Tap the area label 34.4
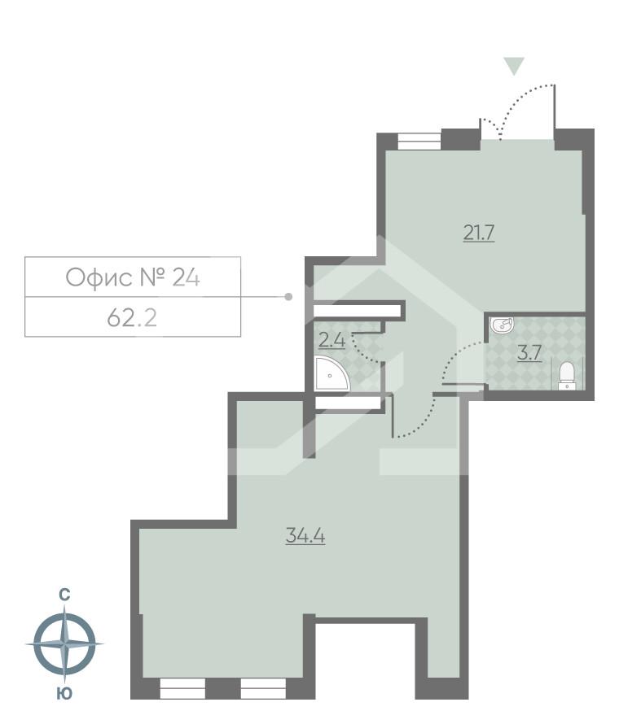click(x=305, y=536)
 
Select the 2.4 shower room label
click(x=331, y=341)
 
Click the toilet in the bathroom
click(x=567, y=375)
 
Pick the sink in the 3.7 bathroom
click(x=502, y=326)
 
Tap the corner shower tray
click(x=331, y=375)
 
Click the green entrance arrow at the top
click(x=513, y=66)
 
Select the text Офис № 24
click(x=133, y=277)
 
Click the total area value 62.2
click(x=132, y=317)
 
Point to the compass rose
click(x=64, y=643)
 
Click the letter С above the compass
click(x=64, y=595)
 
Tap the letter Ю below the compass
click(x=63, y=694)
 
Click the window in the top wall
click(x=419, y=141)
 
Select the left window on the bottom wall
click(x=182, y=689)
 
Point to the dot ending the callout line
click(x=288, y=297)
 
